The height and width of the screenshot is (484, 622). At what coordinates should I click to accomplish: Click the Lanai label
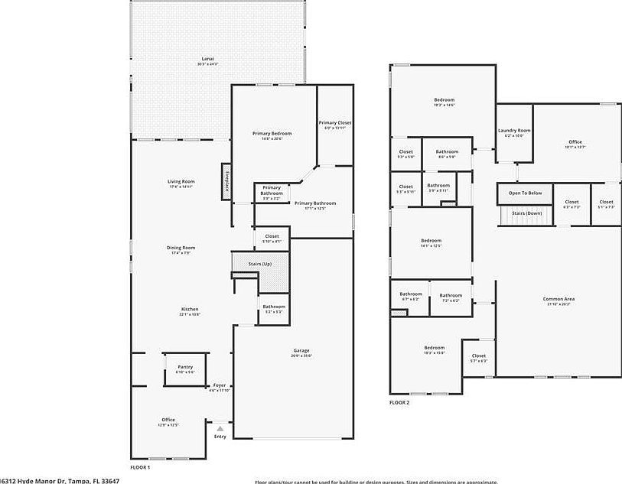click(x=207, y=59)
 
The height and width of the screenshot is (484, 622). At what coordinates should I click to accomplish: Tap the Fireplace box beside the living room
click(x=227, y=182)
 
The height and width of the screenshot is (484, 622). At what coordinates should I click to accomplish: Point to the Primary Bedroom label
click(x=272, y=134)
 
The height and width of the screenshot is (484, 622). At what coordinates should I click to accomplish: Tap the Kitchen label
click(x=190, y=309)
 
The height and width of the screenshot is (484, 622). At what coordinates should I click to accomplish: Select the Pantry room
click(x=185, y=369)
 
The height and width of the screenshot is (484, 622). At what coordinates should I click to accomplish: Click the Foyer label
click(x=220, y=385)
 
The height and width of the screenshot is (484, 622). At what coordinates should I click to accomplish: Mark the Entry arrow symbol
click(x=220, y=428)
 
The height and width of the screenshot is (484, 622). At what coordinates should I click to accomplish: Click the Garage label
click(x=300, y=351)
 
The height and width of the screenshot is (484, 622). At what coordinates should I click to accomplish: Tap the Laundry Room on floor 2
click(x=513, y=132)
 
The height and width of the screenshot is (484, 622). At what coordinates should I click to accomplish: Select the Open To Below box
click(x=525, y=193)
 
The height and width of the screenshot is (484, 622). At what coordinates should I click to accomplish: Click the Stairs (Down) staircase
click(x=526, y=215)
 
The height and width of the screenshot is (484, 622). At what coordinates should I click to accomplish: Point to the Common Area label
click(x=558, y=299)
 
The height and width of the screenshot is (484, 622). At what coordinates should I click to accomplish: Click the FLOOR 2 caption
click(x=399, y=402)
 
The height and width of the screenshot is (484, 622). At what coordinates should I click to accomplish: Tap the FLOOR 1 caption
click(x=139, y=467)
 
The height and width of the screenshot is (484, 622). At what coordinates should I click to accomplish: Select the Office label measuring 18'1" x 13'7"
click(x=575, y=142)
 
